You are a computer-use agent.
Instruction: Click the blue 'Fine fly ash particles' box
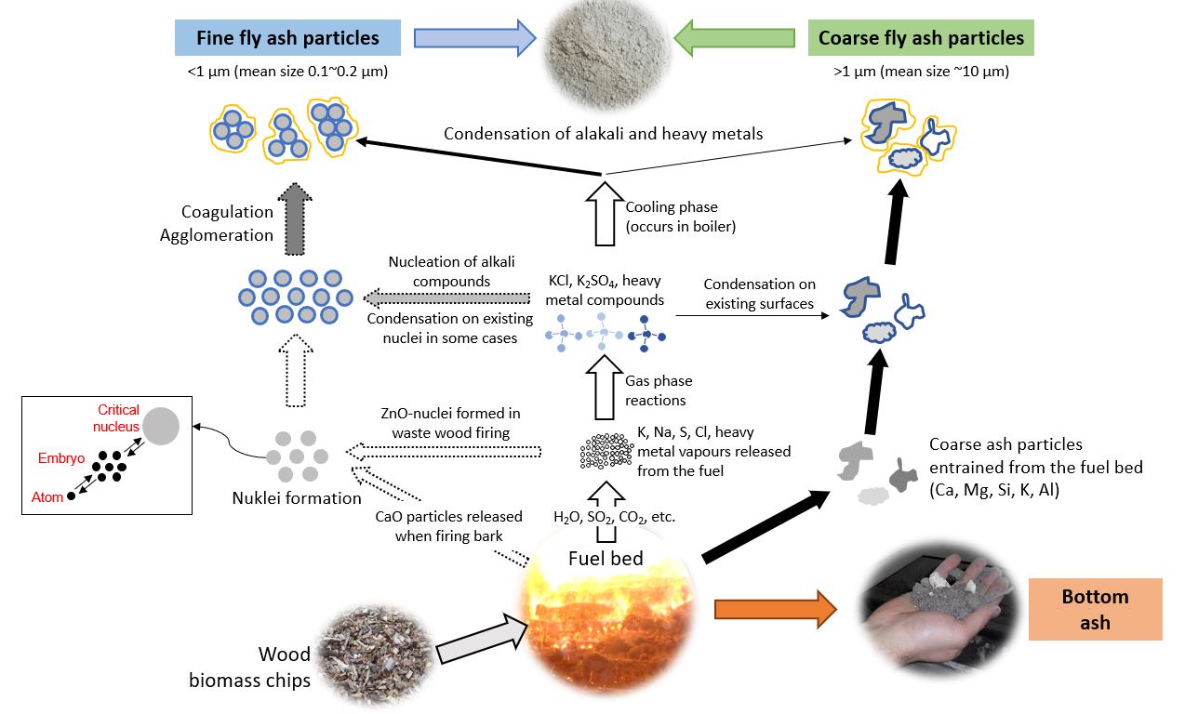pos(287,38)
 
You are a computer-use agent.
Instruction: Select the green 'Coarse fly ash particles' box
pos(921,38)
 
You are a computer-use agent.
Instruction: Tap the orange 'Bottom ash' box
pos(1095,609)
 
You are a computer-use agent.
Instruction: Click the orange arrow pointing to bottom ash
pos(775,609)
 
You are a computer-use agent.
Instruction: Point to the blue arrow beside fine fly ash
pos(474,38)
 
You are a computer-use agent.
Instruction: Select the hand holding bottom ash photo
pos(936,608)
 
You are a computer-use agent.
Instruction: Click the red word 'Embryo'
pos(60,458)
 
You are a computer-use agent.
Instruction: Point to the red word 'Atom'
pos(47,496)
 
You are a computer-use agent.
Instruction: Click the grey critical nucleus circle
pos(162,426)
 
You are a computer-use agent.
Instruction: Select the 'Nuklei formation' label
pos(297,498)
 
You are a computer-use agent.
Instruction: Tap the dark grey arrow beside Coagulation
pos(296,219)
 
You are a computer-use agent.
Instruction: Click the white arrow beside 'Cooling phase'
pos(605,215)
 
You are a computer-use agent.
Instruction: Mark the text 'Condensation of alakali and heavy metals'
pos(603,134)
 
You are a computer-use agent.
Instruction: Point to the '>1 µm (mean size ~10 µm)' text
pos(921,72)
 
